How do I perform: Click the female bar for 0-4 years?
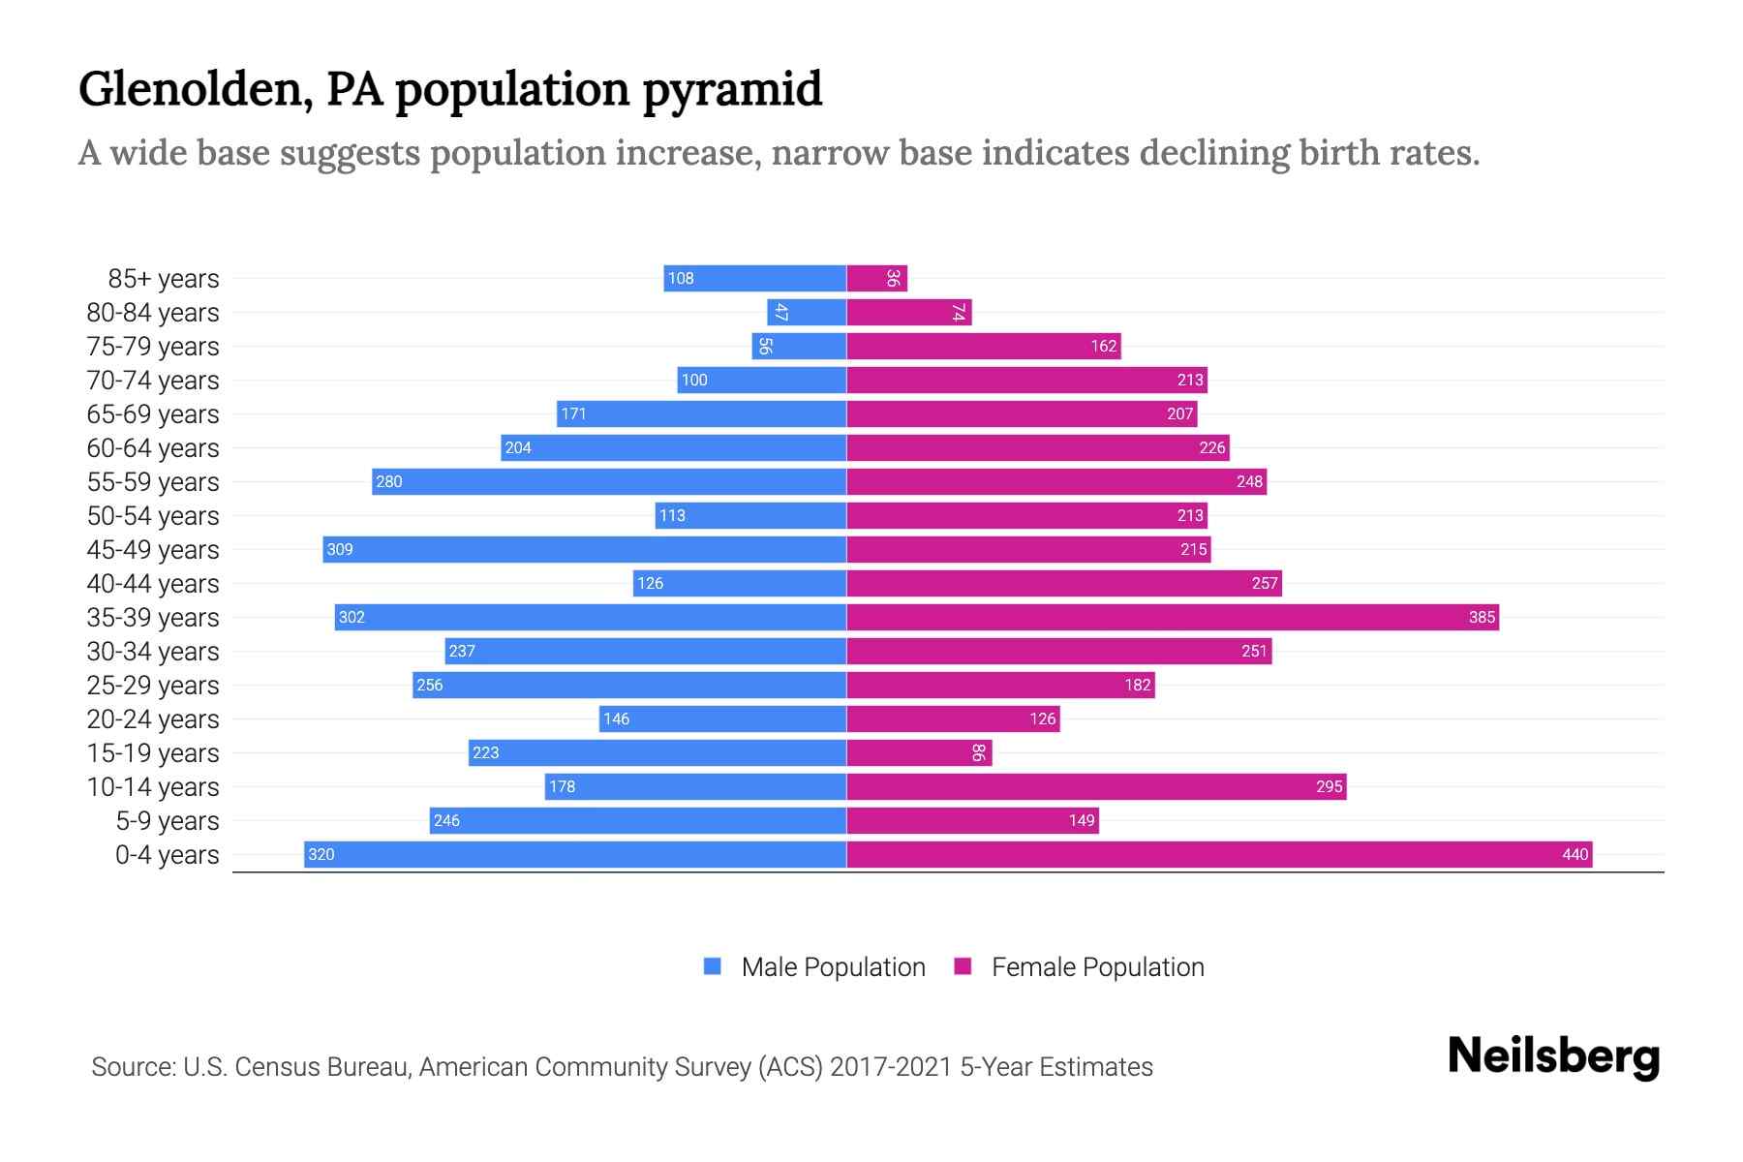pos(1219,854)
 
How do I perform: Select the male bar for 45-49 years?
pos(585,549)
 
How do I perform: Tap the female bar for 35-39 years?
pos(1173,617)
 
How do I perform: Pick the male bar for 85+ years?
pos(755,278)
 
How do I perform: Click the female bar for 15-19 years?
pos(919,752)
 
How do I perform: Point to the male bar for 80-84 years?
pos(807,312)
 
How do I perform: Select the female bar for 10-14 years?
pos(1096,786)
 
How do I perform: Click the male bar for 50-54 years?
pos(750,515)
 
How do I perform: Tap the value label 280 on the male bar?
pos(389,481)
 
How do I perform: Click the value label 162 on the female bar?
pos(1104,346)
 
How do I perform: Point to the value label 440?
pos(1575,854)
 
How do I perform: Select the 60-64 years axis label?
pos(153,448)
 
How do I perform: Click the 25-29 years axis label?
pos(153,686)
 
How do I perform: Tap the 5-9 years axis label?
pos(168,821)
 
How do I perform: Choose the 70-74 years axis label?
pos(153,381)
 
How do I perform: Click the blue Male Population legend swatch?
pos(713,966)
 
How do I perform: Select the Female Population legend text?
pos(1097,966)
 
